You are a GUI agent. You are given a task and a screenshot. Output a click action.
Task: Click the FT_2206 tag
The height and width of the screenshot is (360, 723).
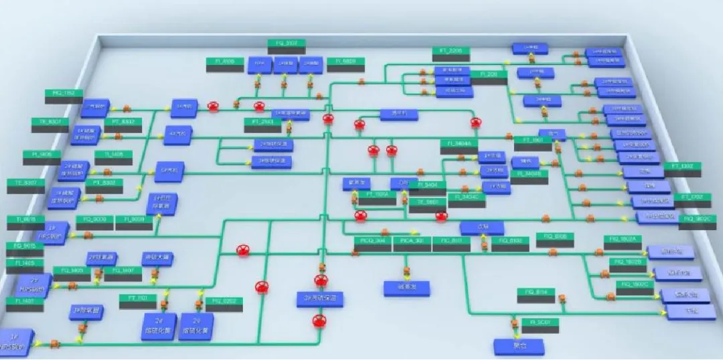click(450, 51)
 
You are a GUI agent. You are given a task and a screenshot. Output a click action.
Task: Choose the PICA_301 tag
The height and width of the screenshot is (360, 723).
click(411, 240)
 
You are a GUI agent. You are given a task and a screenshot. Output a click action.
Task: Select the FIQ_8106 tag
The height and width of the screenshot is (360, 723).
click(555, 236)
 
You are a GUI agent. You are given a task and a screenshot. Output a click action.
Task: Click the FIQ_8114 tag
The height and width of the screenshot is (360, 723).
click(536, 292)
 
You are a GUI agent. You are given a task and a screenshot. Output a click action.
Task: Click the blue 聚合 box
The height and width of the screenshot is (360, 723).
click(519, 346)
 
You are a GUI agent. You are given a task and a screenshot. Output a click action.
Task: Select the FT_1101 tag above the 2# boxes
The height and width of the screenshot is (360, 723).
click(138, 298)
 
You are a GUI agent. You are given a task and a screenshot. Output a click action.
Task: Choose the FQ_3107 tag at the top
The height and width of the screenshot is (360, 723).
click(287, 43)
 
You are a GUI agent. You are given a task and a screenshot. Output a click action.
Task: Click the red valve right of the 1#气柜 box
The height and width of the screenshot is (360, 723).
click(213, 106)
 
